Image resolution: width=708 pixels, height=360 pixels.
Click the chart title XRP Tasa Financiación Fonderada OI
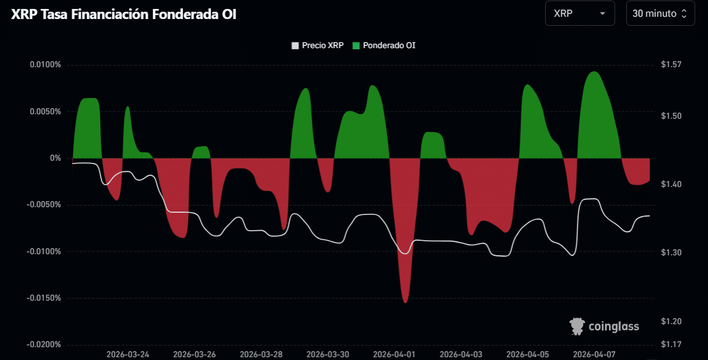pyautogui.click(x=124, y=15)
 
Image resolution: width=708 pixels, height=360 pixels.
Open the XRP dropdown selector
pyautogui.click(x=579, y=13)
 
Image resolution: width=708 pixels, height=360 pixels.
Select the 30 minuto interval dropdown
pyautogui.click(x=660, y=13)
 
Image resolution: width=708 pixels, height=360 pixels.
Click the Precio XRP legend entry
pyautogui.click(x=318, y=45)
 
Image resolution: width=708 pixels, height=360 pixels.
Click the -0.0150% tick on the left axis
pyautogui.click(x=44, y=298)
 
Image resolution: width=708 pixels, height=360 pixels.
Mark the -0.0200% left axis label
pyautogui.click(x=44, y=344)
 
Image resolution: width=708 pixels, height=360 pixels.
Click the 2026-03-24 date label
pyautogui.click(x=128, y=354)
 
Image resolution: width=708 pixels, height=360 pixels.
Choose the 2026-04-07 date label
pyautogui.click(x=594, y=354)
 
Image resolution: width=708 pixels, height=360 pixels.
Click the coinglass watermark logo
pyautogui.click(x=604, y=325)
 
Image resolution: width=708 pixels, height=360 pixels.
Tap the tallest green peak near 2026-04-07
pyautogui.click(x=594, y=72)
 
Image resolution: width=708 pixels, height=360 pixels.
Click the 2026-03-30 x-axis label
pyautogui.click(x=327, y=354)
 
